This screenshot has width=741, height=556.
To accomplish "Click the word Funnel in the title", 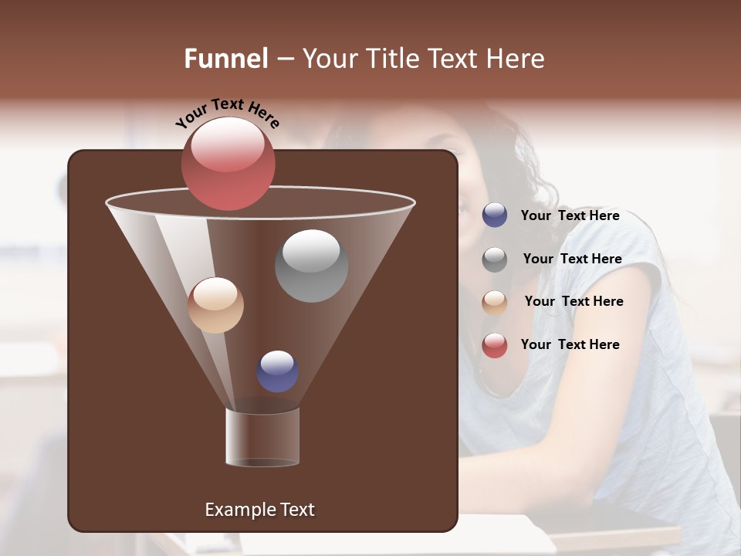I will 225,59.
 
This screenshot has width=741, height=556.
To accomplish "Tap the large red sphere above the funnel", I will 228,164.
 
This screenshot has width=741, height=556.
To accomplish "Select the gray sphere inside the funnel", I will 311,266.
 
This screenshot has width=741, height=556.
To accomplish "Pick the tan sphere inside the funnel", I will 215,305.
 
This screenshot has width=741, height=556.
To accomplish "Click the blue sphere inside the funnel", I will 277,371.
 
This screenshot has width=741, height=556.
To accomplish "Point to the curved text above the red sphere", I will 227,114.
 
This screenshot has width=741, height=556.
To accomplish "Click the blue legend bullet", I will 495,215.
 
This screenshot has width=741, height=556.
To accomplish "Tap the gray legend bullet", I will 495,259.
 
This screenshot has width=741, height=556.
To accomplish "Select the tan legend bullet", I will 495,302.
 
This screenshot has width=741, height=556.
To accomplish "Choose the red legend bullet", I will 495,345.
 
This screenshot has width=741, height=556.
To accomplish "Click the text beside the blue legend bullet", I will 570,215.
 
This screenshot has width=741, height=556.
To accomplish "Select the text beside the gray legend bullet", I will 572,259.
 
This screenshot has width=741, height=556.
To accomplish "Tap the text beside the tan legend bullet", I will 574,301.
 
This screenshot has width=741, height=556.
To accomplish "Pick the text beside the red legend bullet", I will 570,344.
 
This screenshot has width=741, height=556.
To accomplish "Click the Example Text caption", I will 259,510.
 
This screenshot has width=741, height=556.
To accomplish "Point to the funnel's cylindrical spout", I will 262,437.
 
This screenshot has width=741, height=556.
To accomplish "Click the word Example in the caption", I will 238,510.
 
